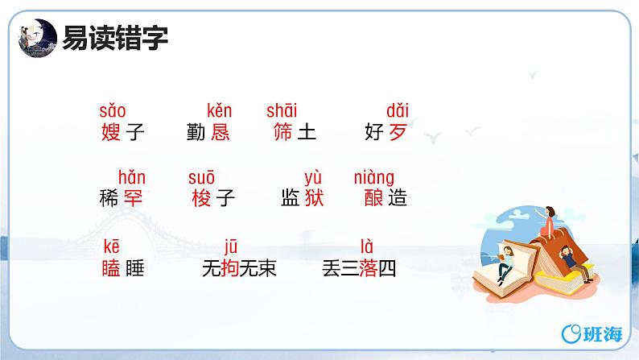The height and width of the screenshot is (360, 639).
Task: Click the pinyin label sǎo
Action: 113,111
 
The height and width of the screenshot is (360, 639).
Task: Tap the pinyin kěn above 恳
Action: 219,111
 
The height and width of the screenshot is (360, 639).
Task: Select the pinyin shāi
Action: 282,111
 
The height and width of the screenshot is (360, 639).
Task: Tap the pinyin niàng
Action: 374,177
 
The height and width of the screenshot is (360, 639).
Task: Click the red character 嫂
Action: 112,132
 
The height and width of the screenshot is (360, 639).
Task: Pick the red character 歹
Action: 398,132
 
